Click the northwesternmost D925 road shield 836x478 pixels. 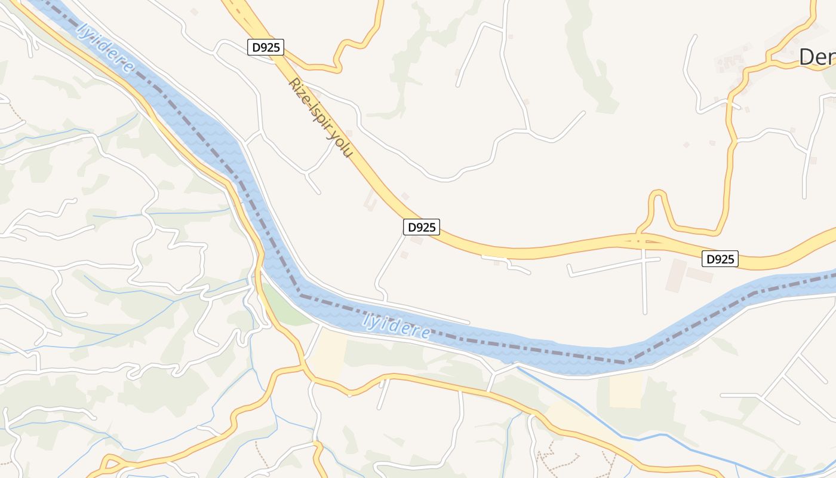pyautogui.click(x=266, y=47)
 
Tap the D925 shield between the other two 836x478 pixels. pyautogui.click(x=422, y=227)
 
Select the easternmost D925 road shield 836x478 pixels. pyautogui.click(x=720, y=259)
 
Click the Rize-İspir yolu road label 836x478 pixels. pyautogui.click(x=320, y=118)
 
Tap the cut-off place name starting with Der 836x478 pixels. pyautogui.click(x=817, y=57)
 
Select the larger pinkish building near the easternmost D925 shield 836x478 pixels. pyautogui.click(x=677, y=275)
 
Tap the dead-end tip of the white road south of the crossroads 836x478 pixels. pyautogui.click(x=645, y=312)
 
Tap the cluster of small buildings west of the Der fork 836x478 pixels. pyautogui.click(x=727, y=61)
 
